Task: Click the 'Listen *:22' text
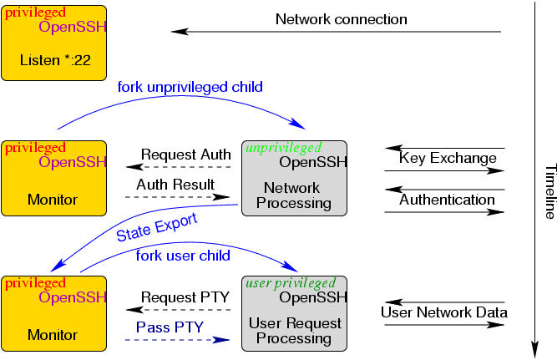(54, 60)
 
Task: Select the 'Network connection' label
(342, 18)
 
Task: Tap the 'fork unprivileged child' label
(190, 87)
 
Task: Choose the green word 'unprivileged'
(280, 148)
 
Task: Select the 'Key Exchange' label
(435, 159)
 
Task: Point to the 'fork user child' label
(183, 256)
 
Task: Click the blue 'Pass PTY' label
(165, 327)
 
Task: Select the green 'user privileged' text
(290, 283)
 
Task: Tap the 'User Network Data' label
(443, 313)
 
